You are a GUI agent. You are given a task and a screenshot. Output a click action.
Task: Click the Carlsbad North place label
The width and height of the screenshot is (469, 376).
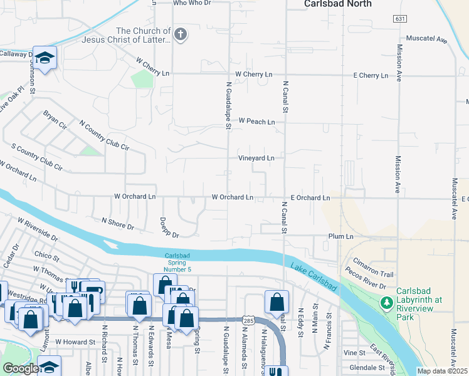click(x=338, y=4)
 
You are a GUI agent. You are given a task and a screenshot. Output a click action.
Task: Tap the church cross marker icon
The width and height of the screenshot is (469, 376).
click(x=181, y=34)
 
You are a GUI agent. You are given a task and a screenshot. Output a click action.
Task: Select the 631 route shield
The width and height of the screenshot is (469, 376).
click(x=400, y=19)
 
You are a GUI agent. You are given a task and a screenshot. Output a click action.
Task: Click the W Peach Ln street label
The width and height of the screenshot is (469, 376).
click(x=256, y=121)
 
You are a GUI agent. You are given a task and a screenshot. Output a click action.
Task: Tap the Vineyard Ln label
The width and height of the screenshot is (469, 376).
click(x=256, y=159)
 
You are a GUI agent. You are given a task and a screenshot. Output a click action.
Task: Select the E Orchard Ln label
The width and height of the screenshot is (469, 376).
click(x=310, y=198)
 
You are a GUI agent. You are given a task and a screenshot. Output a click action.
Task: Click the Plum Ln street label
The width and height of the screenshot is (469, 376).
click(x=341, y=236)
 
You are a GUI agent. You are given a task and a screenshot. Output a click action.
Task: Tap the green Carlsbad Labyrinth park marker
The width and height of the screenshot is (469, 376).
click(x=387, y=304)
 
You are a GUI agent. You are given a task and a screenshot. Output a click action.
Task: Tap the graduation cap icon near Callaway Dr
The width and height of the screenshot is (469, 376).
click(x=45, y=58)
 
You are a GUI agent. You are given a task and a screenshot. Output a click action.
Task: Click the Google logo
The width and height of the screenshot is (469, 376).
click(x=21, y=368)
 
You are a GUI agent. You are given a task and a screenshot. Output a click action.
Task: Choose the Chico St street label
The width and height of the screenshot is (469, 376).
click(x=47, y=256)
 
